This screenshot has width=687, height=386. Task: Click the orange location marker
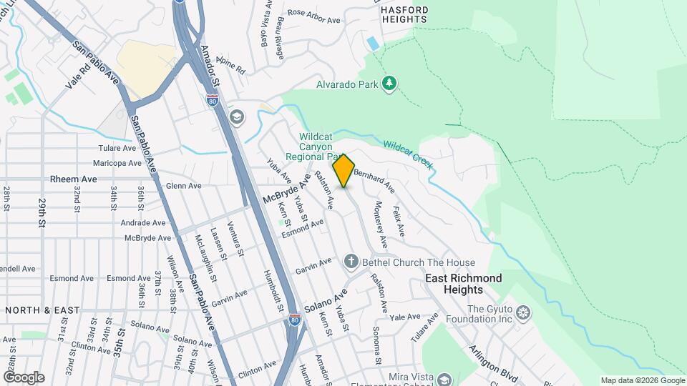tap(344, 171)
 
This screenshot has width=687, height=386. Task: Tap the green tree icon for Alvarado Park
tap(389, 84)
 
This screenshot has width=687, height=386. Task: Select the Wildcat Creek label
tap(409, 154)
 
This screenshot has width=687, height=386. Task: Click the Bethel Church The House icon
tap(351, 262)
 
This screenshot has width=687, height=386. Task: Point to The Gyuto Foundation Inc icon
tap(524, 312)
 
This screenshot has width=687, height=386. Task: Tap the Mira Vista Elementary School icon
tap(444, 379)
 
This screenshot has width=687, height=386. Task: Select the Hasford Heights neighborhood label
tap(404, 14)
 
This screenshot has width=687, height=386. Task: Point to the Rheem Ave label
tap(73, 179)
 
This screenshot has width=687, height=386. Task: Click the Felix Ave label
tap(399, 221)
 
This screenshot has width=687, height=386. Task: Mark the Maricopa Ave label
tap(121, 163)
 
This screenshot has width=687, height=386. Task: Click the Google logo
tap(23, 377)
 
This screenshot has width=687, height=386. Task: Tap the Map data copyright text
tap(641, 380)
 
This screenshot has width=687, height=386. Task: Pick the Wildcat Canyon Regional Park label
tap(316, 147)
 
